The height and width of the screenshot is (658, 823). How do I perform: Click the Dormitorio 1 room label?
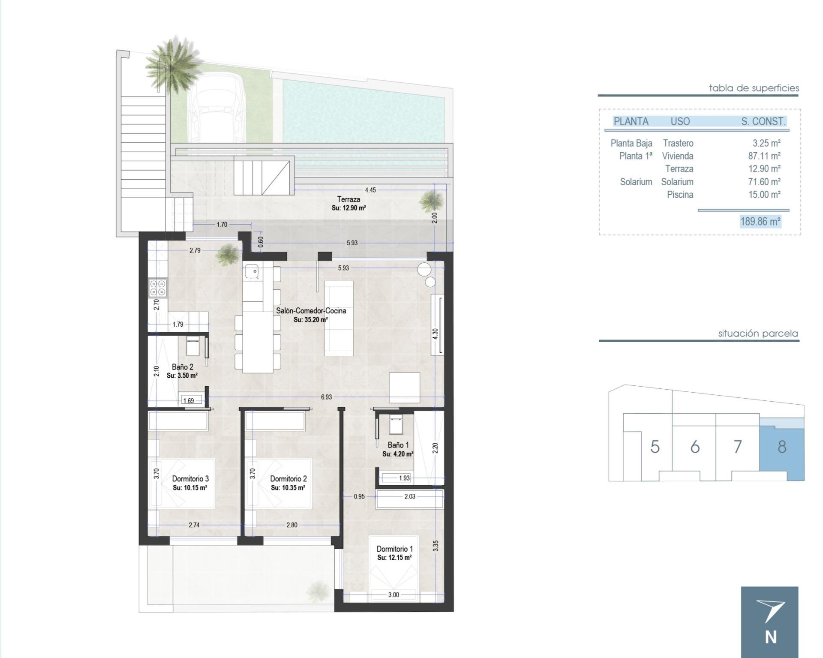point(394,549)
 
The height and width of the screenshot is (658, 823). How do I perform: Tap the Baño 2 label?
point(182,367)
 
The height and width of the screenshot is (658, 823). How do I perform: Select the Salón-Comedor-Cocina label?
point(311,311)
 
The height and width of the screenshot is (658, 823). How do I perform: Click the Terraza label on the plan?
point(348,199)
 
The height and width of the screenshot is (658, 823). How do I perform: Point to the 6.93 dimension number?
point(326,397)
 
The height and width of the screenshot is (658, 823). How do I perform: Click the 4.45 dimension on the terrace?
point(370,190)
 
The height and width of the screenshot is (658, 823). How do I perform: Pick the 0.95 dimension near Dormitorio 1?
point(359,496)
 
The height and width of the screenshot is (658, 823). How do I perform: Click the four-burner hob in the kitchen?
point(157,288)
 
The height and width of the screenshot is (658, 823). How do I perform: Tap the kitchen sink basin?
point(251,271)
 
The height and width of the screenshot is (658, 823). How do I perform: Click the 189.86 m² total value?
point(760,222)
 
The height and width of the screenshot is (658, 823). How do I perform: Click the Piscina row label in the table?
point(680,195)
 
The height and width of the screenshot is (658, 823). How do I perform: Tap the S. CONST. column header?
point(763,121)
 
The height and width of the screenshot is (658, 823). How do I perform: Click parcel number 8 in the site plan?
point(782,447)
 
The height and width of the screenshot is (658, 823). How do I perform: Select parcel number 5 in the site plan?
point(655,447)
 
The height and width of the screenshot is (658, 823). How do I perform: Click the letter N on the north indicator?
point(770,638)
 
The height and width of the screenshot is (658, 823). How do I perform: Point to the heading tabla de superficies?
point(754,88)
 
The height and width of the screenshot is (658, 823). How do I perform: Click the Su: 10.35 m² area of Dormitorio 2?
point(288,488)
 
